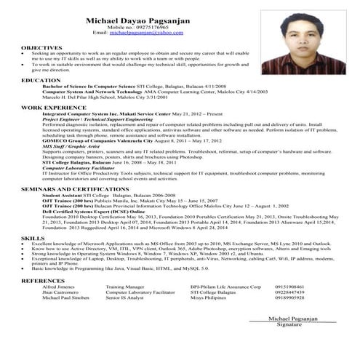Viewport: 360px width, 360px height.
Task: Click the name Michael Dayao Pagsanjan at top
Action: point(137,22)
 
